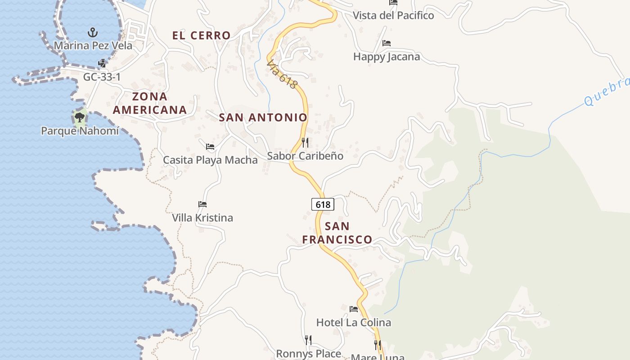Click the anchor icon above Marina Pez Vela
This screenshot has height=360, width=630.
[x=93, y=32]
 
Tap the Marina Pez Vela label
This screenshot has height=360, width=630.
[x=93, y=45]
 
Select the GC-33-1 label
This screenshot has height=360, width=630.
[x=102, y=77]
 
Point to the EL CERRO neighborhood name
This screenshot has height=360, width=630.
[x=201, y=36]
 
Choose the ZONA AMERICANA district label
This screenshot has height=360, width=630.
[x=149, y=103]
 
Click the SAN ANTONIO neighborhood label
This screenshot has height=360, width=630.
[x=263, y=118]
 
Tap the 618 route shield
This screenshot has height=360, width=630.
[x=323, y=205]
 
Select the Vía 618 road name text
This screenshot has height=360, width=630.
[x=282, y=74]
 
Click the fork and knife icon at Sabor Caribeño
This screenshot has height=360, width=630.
[x=305, y=143]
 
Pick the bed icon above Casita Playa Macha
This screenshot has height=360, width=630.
[x=210, y=146]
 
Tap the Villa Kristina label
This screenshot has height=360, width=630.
[x=202, y=218]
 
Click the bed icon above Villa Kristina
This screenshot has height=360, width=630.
[x=202, y=204]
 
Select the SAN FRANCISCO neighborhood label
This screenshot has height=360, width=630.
[x=337, y=233]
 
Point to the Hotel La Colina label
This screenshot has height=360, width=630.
[x=354, y=322]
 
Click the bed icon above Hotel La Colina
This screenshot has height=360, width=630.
[x=354, y=309]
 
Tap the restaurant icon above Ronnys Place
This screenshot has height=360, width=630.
[x=308, y=340]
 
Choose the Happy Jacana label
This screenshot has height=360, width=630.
[x=387, y=57]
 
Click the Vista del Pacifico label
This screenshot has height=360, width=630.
[x=393, y=15]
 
